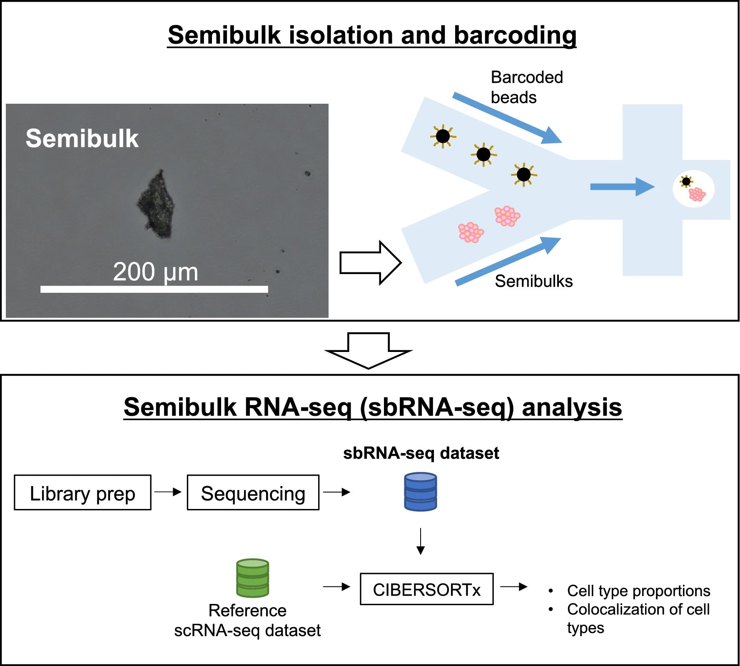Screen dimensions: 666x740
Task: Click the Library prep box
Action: [x=82, y=493]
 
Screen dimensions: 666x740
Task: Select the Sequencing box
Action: [x=253, y=493]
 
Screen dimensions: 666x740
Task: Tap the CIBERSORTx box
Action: [x=426, y=589]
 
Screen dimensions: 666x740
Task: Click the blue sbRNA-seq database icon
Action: [x=420, y=492]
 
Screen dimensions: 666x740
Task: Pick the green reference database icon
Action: [x=252, y=578]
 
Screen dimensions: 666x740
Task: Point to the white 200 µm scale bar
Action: [x=154, y=289]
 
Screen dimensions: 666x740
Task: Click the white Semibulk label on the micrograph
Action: [x=82, y=138]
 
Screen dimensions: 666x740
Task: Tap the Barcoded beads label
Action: [x=526, y=87]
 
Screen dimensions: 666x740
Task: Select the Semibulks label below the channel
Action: [x=533, y=281]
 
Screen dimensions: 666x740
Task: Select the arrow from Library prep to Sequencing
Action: [x=168, y=492]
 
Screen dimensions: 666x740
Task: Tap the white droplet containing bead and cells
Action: [x=693, y=189]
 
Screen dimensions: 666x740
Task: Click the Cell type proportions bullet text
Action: [x=638, y=591]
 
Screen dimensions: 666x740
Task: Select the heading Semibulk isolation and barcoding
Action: [x=372, y=35]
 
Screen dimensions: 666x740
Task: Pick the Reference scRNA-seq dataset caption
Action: [x=247, y=621]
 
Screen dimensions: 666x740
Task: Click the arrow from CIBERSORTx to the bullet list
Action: [x=514, y=587]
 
